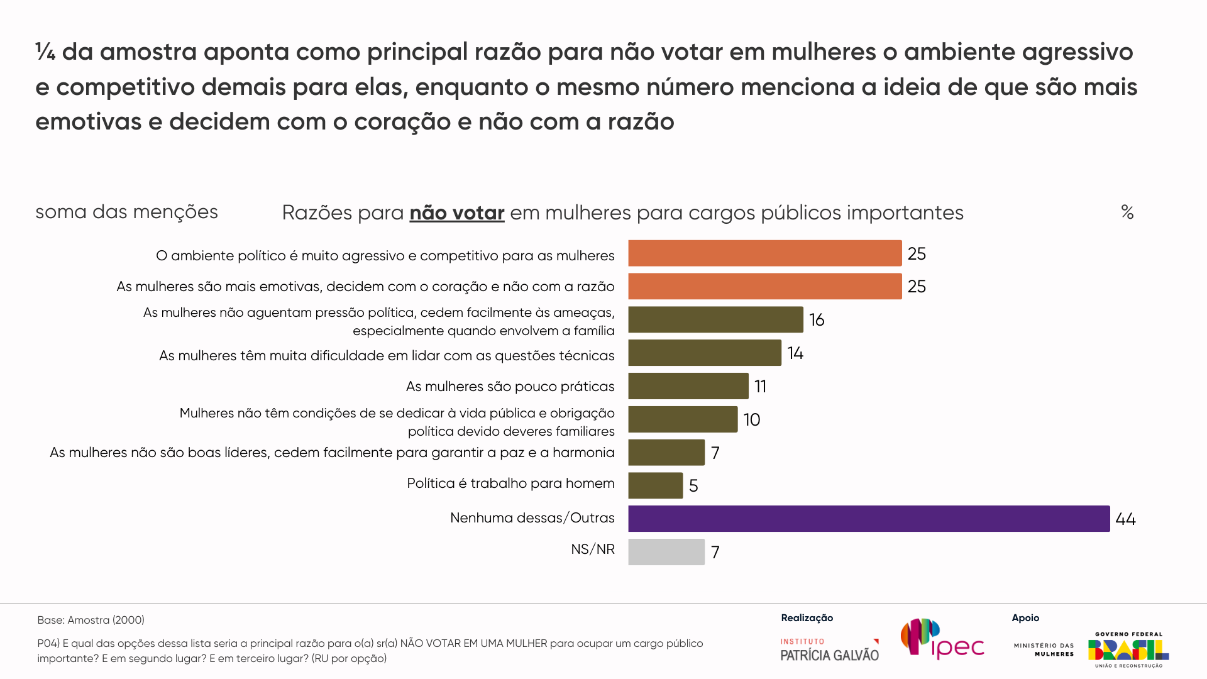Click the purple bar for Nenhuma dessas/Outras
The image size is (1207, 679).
pyautogui.click(x=869, y=519)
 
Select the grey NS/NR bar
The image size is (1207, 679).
pyautogui.click(x=666, y=552)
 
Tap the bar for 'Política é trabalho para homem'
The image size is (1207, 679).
pyautogui.click(x=655, y=485)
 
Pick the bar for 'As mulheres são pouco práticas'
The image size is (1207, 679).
pyautogui.click(x=688, y=386)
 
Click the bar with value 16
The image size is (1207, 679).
pyautogui.click(x=715, y=319)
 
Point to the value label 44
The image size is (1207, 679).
pyautogui.click(x=1125, y=519)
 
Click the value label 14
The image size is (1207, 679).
pyautogui.click(x=795, y=353)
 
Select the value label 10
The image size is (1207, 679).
pyautogui.click(x=752, y=420)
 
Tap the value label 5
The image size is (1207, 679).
pyautogui.click(x=693, y=486)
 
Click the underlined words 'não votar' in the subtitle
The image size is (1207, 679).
pyautogui.click(x=457, y=213)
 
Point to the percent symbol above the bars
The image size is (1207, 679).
pyautogui.click(x=1127, y=212)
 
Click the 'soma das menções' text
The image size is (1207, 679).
pyautogui.click(x=126, y=212)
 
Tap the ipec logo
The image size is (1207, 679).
pyautogui.click(x=942, y=639)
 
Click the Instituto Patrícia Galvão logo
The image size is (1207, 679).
pyautogui.click(x=830, y=650)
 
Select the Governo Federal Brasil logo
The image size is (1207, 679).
pyautogui.click(x=1128, y=650)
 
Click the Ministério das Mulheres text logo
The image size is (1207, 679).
pyautogui.click(x=1044, y=649)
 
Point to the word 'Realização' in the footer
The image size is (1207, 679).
pyautogui.click(x=807, y=618)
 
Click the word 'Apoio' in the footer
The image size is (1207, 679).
pyautogui.click(x=1025, y=618)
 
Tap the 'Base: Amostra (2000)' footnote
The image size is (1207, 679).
pyautogui.click(x=91, y=620)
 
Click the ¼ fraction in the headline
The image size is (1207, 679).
pyautogui.click(x=45, y=52)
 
